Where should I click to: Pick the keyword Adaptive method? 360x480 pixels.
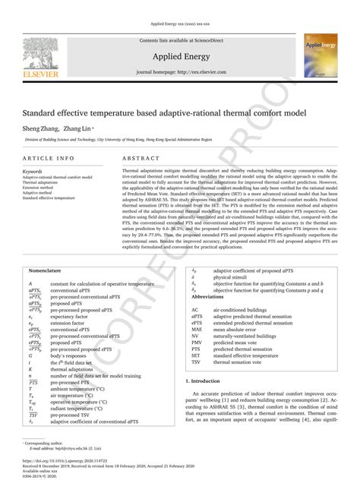pos(42,193)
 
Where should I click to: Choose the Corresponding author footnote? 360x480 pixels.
pos(45,441)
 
